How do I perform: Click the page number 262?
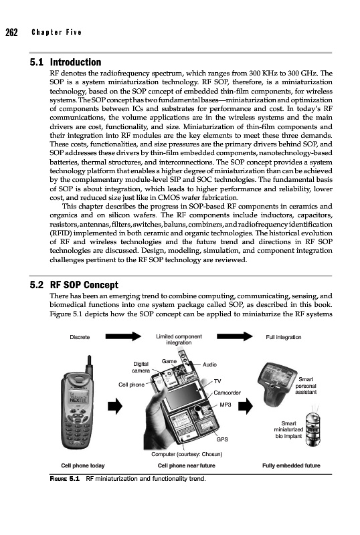tap(11, 32)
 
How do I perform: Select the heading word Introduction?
tap(76, 62)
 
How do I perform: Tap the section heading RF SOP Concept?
tap(84, 285)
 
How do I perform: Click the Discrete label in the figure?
tap(80, 337)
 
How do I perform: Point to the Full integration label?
tap(284, 337)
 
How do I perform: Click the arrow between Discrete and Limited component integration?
tap(123, 336)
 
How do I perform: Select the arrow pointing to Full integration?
tap(235, 336)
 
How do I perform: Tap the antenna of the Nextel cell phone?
tap(89, 364)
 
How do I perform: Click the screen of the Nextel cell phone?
tap(78, 396)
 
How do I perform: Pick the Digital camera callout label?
tap(141, 367)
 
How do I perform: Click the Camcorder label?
tap(227, 393)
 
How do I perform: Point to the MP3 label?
tap(226, 405)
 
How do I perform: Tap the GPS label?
tap(222, 439)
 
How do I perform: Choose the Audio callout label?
tap(209, 364)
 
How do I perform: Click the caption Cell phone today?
tap(83, 465)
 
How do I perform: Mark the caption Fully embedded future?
tap(291, 465)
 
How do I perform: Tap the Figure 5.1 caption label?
tap(64, 479)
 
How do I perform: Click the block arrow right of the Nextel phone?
tap(115, 406)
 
